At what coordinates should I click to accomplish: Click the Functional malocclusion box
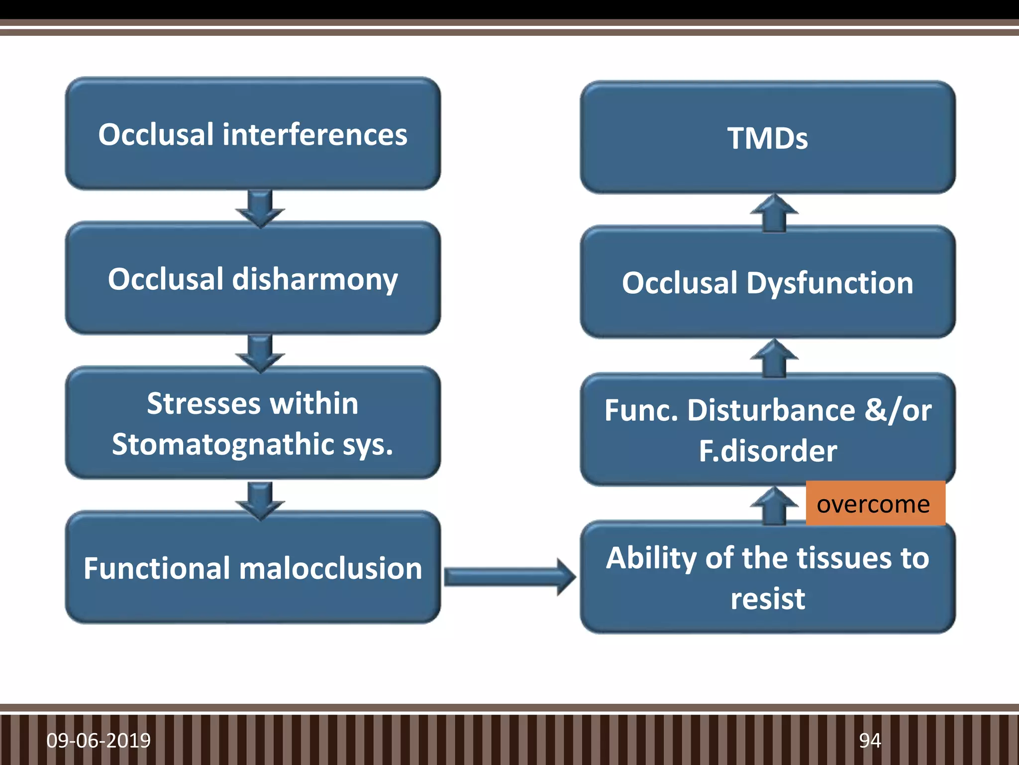(253, 568)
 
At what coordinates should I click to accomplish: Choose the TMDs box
(767, 138)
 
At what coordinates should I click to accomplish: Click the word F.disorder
(767, 451)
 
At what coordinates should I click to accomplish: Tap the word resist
(767, 599)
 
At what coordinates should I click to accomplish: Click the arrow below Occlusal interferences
(260, 208)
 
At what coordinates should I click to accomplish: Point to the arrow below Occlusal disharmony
(260, 353)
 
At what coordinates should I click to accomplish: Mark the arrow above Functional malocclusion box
(260, 500)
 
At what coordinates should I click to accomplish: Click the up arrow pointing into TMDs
(774, 213)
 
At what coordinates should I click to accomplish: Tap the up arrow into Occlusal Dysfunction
(774, 358)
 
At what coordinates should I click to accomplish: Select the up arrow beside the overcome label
(774, 505)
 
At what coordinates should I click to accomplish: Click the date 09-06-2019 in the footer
(99, 741)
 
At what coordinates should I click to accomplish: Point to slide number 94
(870, 741)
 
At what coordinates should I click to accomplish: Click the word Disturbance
(771, 410)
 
